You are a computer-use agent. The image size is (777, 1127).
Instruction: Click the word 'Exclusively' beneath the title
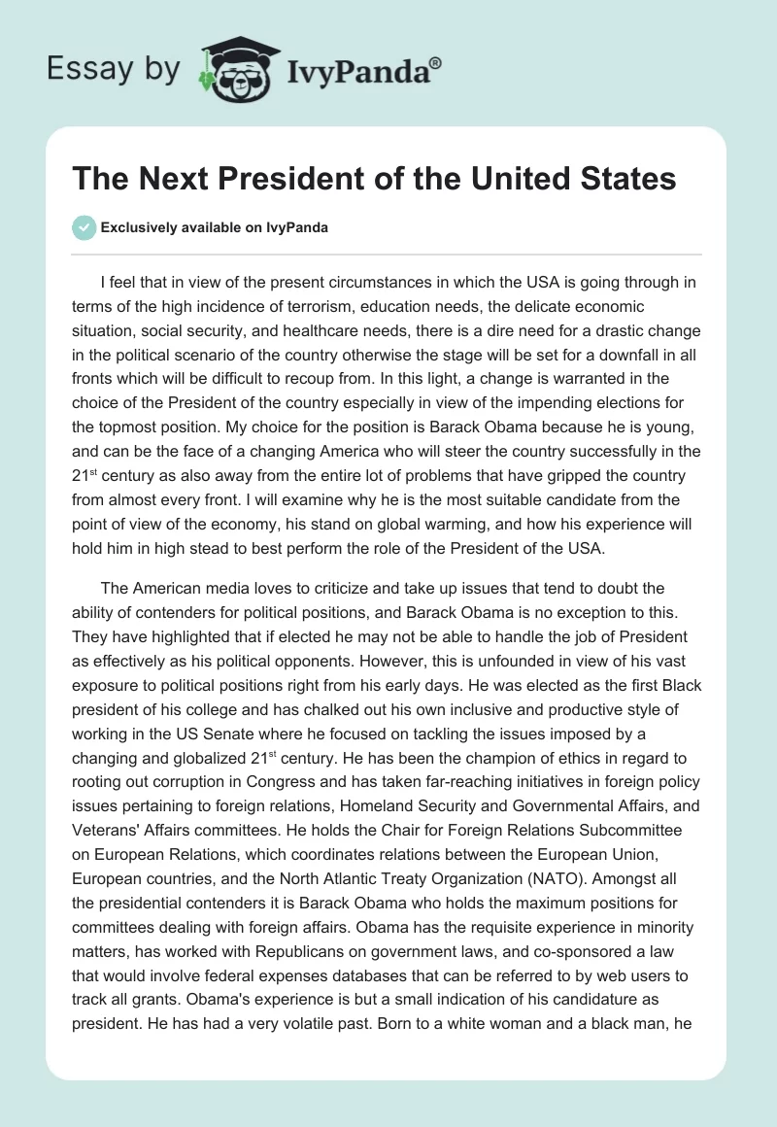pos(138,227)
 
